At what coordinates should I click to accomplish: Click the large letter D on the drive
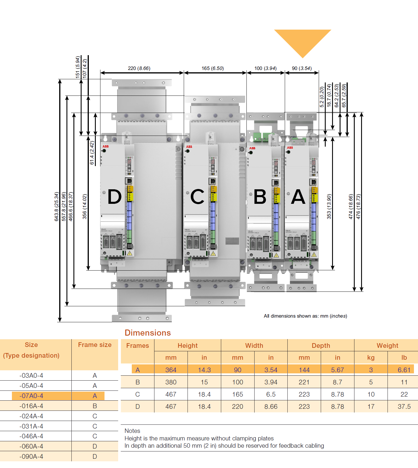point(115,197)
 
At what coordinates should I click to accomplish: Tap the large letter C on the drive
point(197,197)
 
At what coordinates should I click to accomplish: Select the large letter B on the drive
point(260,197)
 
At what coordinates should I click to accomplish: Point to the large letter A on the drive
point(298,197)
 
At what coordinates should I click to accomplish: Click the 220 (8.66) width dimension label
point(139,69)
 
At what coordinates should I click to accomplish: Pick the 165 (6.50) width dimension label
point(212,69)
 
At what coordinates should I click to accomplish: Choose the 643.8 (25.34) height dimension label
point(57,206)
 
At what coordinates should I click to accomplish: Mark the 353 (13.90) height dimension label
point(329,206)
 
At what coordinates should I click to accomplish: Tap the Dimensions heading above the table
point(148,333)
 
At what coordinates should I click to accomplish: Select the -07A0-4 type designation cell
point(31,396)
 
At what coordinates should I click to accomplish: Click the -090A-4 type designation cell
point(31,456)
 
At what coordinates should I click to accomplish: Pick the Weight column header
point(387,345)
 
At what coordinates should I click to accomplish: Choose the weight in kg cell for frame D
point(371,406)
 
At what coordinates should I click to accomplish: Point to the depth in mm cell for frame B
point(304,382)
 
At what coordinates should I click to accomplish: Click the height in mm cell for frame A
point(171,370)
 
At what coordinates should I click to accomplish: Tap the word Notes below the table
point(132,431)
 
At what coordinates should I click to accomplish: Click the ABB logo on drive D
point(105,146)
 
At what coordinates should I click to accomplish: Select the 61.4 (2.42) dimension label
point(92,153)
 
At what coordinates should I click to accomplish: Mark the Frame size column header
point(95,345)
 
